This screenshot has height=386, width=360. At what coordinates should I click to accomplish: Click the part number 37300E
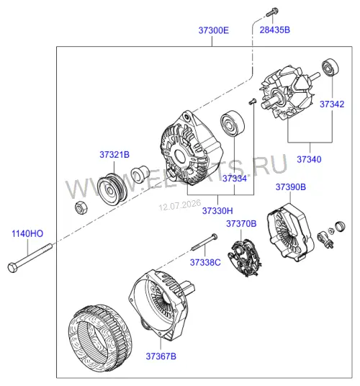tap(213, 30)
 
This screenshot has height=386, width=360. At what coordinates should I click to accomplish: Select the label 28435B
tap(275, 30)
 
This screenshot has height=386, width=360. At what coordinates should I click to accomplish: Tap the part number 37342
tap(332, 104)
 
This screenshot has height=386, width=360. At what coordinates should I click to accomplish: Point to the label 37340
tap(309, 159)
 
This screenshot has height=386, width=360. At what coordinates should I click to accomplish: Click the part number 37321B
tap(114, 155)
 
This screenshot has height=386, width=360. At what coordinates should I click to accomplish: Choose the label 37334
tap(235, 178)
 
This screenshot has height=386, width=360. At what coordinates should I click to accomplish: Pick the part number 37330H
tap(217, 211)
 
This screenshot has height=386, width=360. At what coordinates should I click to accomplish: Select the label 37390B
tap(291, 187)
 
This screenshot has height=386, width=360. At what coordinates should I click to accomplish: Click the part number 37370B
tap(241, 224)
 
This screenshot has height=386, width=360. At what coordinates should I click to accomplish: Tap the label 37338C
tap(205, 262)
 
